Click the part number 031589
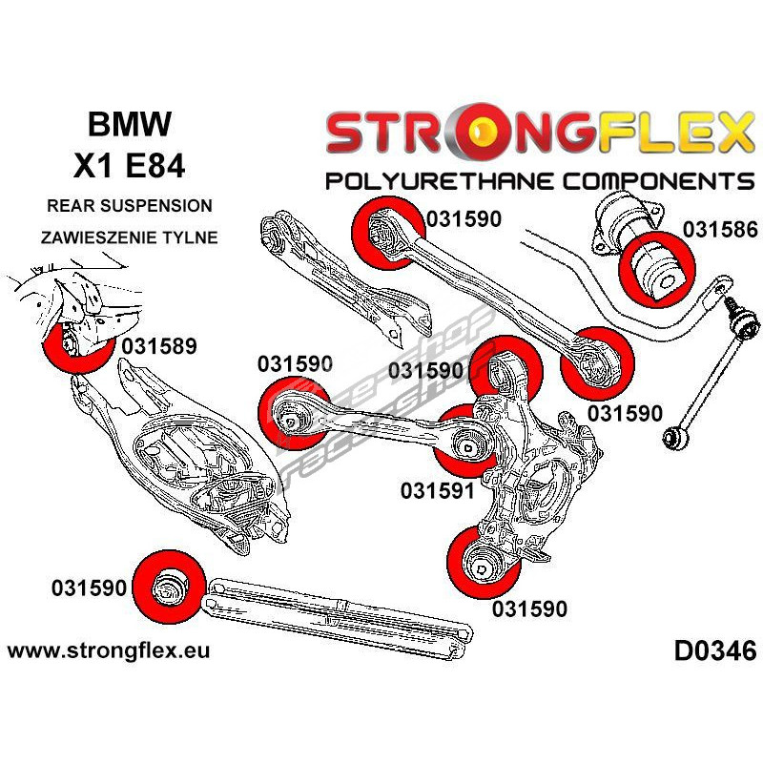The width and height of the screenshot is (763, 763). pos(159,345)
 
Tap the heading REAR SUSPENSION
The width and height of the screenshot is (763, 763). pos(131,206)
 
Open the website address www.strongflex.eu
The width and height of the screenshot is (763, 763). pos(108,651)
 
